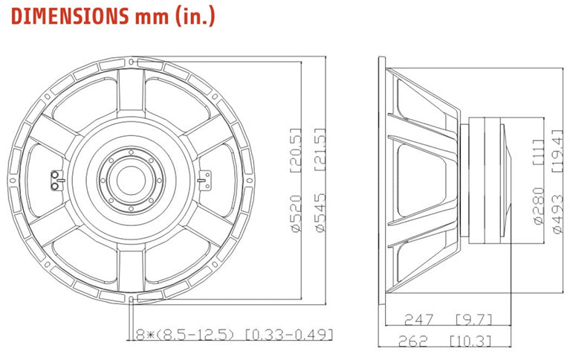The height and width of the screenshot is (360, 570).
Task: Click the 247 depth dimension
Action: click(x=418, y=321)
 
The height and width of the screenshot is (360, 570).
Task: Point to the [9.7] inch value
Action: click(x=472, y=321)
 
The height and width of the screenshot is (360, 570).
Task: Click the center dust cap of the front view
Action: click(x=132, y=179)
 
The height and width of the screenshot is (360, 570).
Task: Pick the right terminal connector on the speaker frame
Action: click(x=206, y=179)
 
